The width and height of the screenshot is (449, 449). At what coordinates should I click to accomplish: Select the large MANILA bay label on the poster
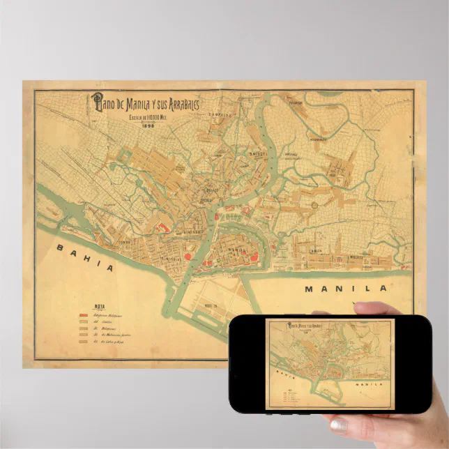tap(345, 288)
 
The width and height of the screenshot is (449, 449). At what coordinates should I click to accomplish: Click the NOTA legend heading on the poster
tap(100, 305)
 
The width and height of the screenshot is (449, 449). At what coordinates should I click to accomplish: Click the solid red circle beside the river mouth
tap(188, 256)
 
